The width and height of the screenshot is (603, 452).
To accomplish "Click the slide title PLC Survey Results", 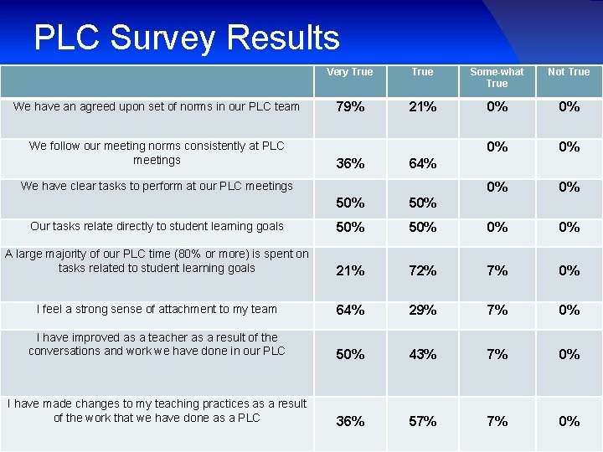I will [x=187, y=38].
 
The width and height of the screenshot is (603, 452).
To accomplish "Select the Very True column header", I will [x=349, y=72].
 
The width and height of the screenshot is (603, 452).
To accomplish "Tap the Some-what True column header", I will [x=497, y=78].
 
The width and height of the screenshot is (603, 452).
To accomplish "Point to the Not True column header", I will [x=569, y=72].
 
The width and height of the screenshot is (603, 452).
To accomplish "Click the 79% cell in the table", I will [x=349, y=107].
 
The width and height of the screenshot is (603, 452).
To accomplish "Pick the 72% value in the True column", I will [x=422, y=270].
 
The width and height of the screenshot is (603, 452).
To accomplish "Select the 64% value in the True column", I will [x=422, y=164].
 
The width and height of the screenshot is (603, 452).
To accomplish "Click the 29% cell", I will [x=422, y=311].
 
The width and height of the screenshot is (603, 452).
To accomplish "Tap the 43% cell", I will [x=422, y=355].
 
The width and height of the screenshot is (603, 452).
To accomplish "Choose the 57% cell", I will [x=422, y=422].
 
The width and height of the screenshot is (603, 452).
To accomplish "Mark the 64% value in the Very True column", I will [x=349, y=311].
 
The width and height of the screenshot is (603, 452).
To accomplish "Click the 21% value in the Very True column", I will [x=349, y=270].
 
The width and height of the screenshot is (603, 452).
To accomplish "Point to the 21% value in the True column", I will [x=422, y=107].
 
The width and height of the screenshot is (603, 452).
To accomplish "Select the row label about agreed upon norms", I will [x=157, y=106].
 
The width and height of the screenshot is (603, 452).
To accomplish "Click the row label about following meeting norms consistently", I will [x=157, y=152].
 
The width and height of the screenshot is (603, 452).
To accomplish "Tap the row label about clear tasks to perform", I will [x=157, y=186].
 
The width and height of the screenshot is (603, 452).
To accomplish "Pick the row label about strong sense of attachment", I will [x=157, y=310].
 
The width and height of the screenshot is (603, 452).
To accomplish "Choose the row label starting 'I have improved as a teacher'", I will [x=157, y=344].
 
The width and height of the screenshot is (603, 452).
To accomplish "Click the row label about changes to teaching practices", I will [x=157, y=411].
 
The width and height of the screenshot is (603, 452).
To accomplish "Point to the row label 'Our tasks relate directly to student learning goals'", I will [x=157, y=226].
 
